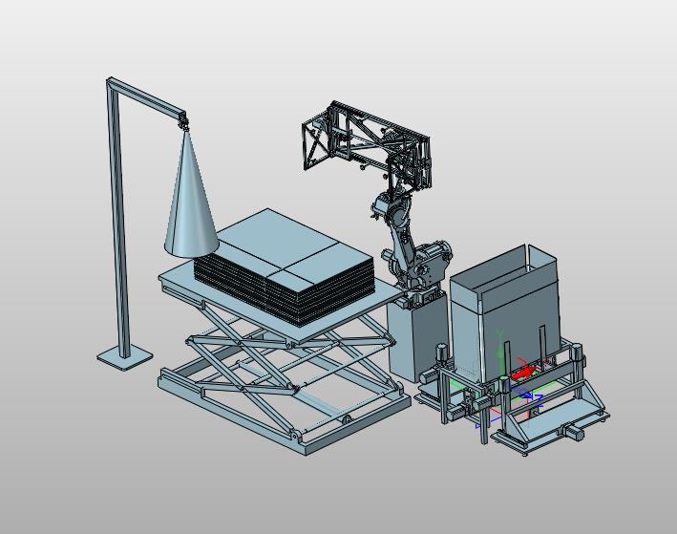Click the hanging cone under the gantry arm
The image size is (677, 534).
[x=191, y=203]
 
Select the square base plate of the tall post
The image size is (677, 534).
[x=125, y=358]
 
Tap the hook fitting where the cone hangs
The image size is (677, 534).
[x=184, y=124]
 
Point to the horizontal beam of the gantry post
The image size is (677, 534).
[x=147, y=98]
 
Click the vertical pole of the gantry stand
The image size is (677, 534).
[x=118, y=221]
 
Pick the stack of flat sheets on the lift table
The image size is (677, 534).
[x=284, y=266]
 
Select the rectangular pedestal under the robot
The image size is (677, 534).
[x=416, y=337]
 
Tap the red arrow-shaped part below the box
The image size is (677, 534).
[x=524, y=373]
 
